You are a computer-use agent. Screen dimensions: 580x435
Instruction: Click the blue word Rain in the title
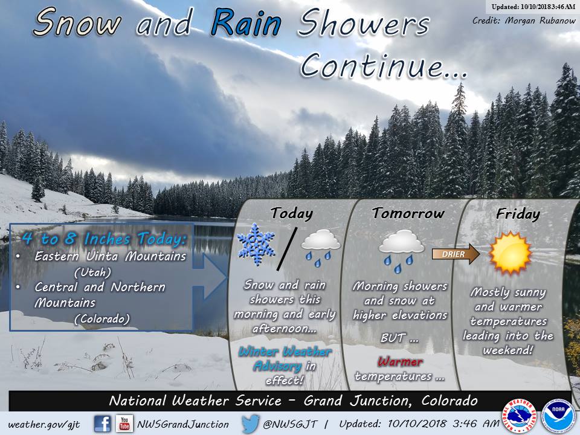pyautogui.click(x=246, y=24)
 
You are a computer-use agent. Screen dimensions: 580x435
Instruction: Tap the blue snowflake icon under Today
pyautogui.click(x=256, y=244)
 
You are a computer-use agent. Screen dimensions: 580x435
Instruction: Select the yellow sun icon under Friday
pyautogui.click(x=510, y=253)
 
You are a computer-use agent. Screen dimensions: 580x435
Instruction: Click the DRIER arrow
pyautogui.click(x=456, y=254)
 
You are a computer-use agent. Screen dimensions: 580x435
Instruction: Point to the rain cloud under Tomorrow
pyautogui.click(x=401, y=251)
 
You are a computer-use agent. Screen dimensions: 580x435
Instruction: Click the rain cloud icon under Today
pyautogui.click(x=320, y=248)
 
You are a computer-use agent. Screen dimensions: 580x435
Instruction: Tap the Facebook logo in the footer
pyautogui.click(x=103, y=424)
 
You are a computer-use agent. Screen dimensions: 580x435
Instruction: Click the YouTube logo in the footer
pyautogui.click(x=124, y=424)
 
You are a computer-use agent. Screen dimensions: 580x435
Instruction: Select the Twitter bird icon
pyautogui.click(x=250, y=424)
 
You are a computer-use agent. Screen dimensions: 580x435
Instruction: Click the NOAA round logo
pyautogui.click(x=558, y=416)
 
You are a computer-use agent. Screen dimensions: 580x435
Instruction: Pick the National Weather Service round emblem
pyautogui.click(x=520, y=416)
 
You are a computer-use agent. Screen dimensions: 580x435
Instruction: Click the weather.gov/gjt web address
pyautogui.click(x=44, y=425)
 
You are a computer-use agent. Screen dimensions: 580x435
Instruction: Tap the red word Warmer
pyautogui.click(x=400, y=361)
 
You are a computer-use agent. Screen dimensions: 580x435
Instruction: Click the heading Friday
pyautogui.click(x=518, y=214)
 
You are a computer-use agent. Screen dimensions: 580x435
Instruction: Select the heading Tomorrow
pyautogui.click(x=408, y=213)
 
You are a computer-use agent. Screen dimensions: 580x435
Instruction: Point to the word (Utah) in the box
pyautogui.click(x=92, y=272)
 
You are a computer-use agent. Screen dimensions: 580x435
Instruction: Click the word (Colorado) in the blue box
pyautogui.click(x=102, y=319)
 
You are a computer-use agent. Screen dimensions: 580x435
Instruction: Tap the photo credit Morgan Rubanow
pyautogui.click(x=540, y=21)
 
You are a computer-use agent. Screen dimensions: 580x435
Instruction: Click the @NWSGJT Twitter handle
pyautogui.click(x=290, y=424)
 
